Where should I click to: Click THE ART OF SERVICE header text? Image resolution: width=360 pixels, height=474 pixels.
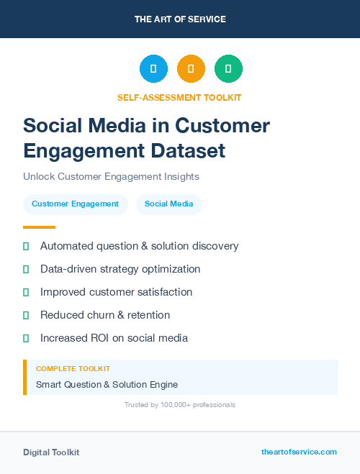click(x=180, y=19)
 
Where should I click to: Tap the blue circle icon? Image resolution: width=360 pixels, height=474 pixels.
click(x=153, y=68)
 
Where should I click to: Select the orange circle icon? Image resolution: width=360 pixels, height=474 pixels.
click(x=191, y=68)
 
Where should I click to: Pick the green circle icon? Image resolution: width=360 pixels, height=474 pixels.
click(x=228, y=68)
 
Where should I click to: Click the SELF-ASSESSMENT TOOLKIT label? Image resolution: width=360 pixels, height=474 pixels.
click(x=179, y=96)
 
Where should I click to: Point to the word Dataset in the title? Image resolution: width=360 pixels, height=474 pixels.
click(x=189, y=150)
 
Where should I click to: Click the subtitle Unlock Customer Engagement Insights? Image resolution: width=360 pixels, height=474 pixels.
click(x=111, y=176)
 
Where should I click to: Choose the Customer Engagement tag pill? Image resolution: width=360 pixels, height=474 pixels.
click(x=75, y=204)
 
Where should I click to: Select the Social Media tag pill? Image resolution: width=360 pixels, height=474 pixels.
click(x=168, y=204)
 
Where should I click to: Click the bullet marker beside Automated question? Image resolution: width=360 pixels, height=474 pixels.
click(x=26, y=246)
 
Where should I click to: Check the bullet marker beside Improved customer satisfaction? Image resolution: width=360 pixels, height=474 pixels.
click(x=26, y=292)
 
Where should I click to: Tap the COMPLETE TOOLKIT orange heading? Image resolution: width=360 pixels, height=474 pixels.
click(x=68, y=368)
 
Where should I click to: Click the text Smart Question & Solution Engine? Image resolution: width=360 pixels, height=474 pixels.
click(x=107, y=384)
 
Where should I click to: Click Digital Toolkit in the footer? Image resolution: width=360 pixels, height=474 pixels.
click(x=51, y=452)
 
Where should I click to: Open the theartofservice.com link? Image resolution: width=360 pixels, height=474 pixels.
click(x=299, y=452)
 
